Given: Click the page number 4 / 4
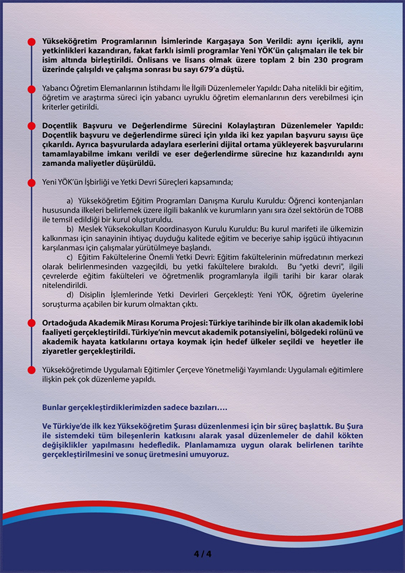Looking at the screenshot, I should (202, 554).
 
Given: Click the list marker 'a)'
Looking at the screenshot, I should (70, 201).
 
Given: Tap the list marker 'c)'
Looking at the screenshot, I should (70, 256).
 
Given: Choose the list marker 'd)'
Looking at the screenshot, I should (70, 294).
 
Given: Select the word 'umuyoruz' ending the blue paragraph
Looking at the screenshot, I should (209, 455).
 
